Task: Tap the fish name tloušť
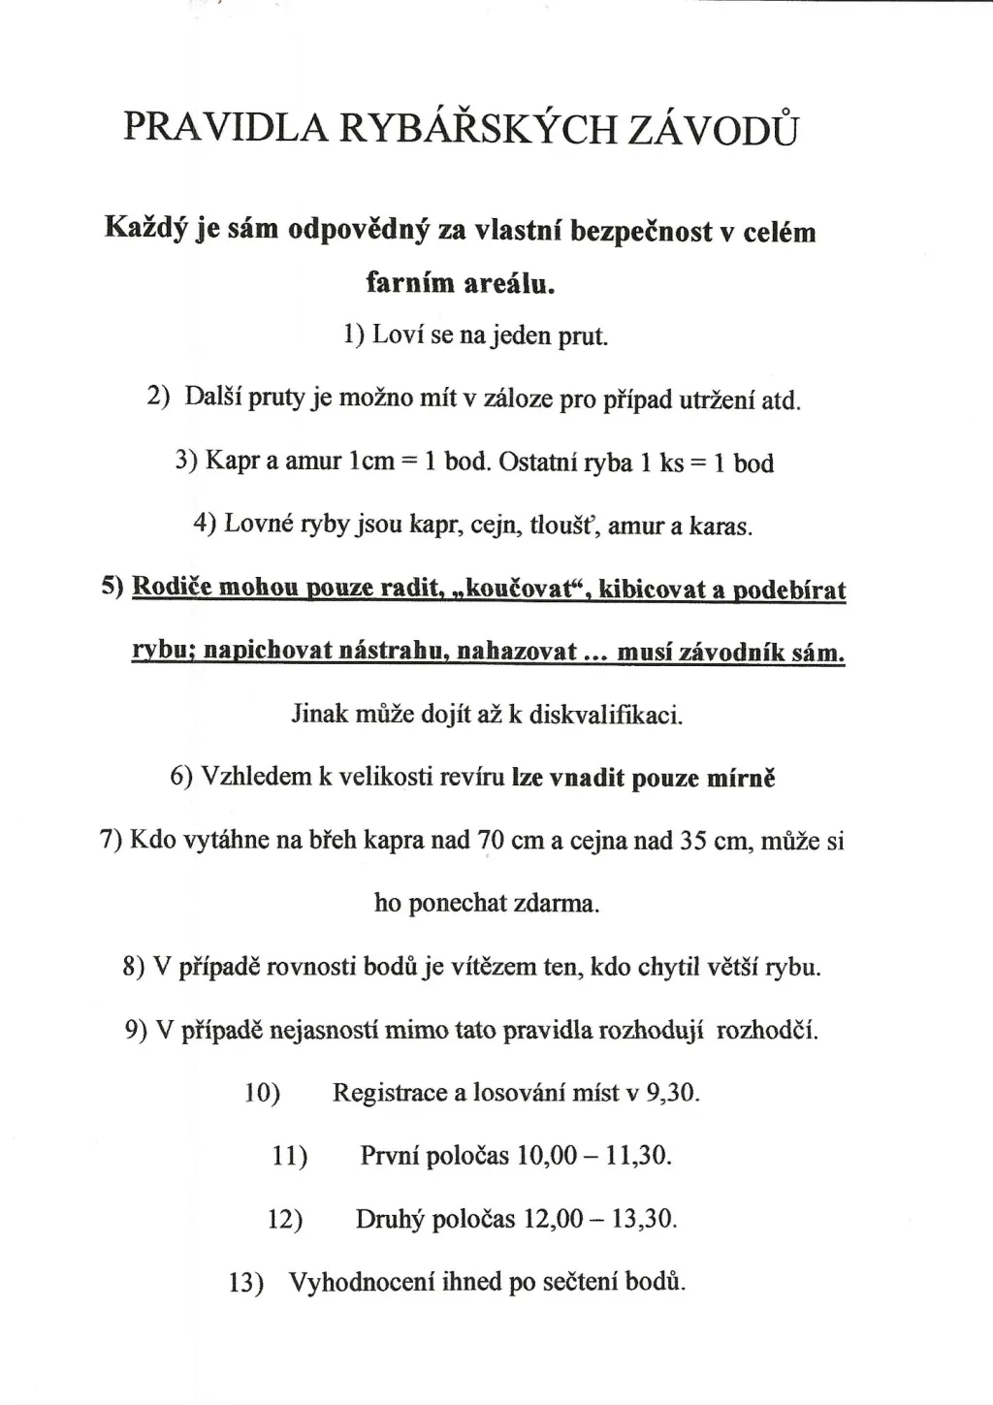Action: (x=563, y=527)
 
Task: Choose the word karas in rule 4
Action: (x=719, y=527)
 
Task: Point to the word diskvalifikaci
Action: (x=606, y=716)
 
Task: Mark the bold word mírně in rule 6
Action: (x=742, y=778)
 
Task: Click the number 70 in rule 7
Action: (x=491, y=841)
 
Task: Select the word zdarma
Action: (x=556, y=904)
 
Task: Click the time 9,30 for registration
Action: (x=672, y=1093)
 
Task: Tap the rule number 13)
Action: (x=246, y=1283)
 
